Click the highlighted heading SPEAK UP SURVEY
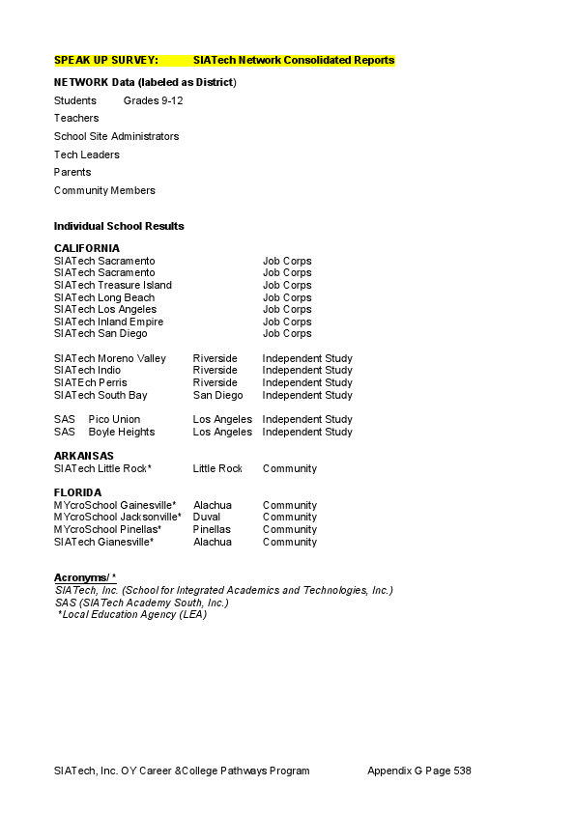[106, 60]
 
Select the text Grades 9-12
[153, 100]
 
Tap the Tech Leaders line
[87, 154]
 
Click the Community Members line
[104, 190]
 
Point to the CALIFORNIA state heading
[87, 248]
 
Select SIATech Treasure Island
[113, 285]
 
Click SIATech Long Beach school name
[104, 297]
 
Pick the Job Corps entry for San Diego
[287, 333]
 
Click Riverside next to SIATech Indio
[215, 370]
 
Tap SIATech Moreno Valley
[110, 358]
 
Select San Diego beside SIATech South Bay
[217, 395]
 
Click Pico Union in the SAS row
[114, 419]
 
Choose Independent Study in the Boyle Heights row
[307, 432]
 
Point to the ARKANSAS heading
[84, 456]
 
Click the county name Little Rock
[217, 468]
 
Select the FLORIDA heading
[77, 492]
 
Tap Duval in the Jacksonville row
[207, 517]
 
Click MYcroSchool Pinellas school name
[107, 529]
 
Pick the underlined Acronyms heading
[84, 577]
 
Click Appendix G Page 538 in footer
[418, 771]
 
